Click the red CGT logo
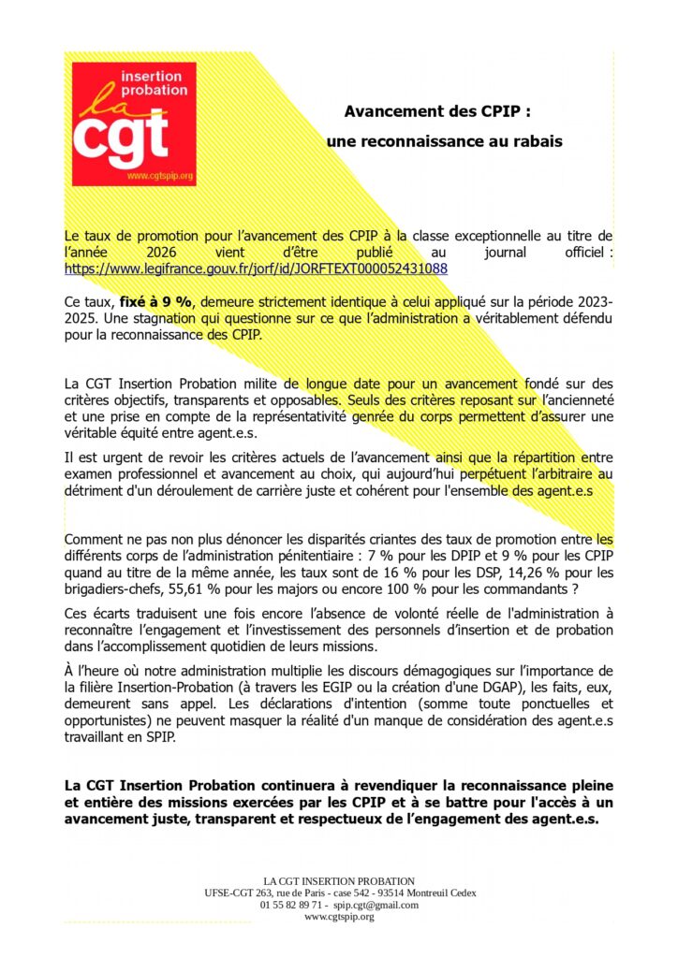[x=134, y=123]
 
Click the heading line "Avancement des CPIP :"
[x=438, y=111]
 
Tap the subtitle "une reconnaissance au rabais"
[x=445, y=141]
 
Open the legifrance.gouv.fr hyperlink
[x=256, y=269]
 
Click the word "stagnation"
[x=137, y=320]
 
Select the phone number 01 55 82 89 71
[x=292, y=905]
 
